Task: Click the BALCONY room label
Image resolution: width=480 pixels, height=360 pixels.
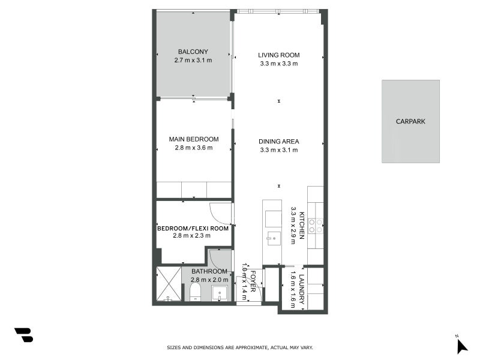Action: click(x=193, y=52)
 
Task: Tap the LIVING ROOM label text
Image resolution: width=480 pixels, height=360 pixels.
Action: click(x=278, y=55)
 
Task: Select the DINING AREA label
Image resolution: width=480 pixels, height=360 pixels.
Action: click(x=278, y=142)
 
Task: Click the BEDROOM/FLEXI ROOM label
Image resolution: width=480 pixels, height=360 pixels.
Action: click(x=193, y=228)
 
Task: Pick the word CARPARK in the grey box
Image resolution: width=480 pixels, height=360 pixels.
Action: click(x=410, y=121)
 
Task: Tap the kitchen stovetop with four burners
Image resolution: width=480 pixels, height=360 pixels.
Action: click(x=316, y=226)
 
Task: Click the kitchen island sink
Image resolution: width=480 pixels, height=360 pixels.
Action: click(x=272, y=237)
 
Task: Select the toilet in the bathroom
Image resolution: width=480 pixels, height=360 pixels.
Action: click(x=194, y=293)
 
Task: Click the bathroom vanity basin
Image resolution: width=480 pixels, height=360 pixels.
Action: click(x=220, y=294)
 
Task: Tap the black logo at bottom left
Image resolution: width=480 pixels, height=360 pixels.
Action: click(x=23, y=335)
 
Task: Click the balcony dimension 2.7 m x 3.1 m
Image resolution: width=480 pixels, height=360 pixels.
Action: click(x=193, y=60)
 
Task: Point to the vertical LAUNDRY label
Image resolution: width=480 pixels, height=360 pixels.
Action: click(x=302, y=290)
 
